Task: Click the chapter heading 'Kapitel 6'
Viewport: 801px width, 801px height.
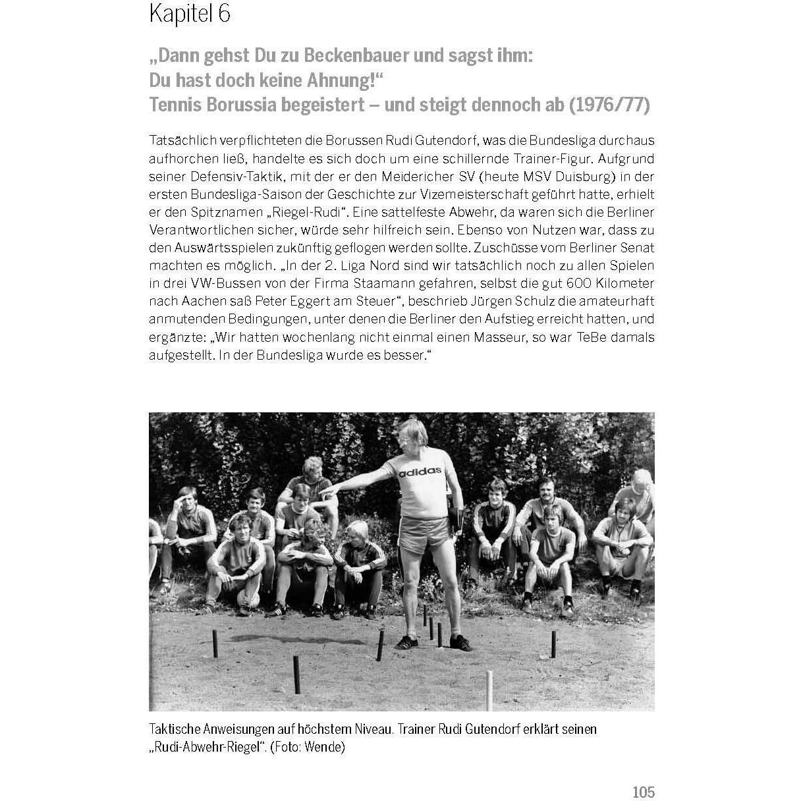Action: (190, 14)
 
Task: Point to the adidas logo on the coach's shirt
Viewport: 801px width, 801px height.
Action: (420, 471)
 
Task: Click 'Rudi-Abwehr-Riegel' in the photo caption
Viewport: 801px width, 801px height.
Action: (206, 748)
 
